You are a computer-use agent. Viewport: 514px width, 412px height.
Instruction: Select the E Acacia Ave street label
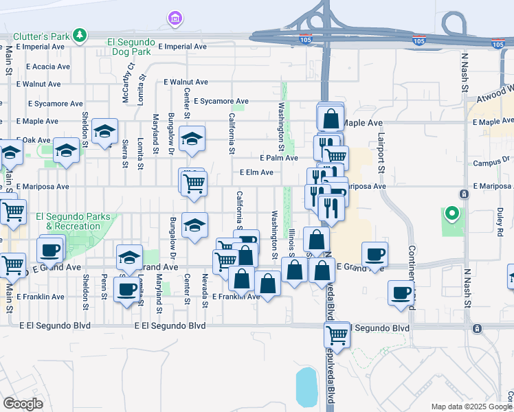[x=48, y=67]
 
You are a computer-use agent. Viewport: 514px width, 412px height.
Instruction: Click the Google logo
[x=23, y=404]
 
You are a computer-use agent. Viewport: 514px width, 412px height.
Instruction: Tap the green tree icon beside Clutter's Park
[x=81, y=34]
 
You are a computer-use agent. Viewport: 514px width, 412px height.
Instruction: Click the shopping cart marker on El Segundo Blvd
[x=337, y=336]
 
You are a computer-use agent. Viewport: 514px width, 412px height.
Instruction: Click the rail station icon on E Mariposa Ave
[x=465, y=194]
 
